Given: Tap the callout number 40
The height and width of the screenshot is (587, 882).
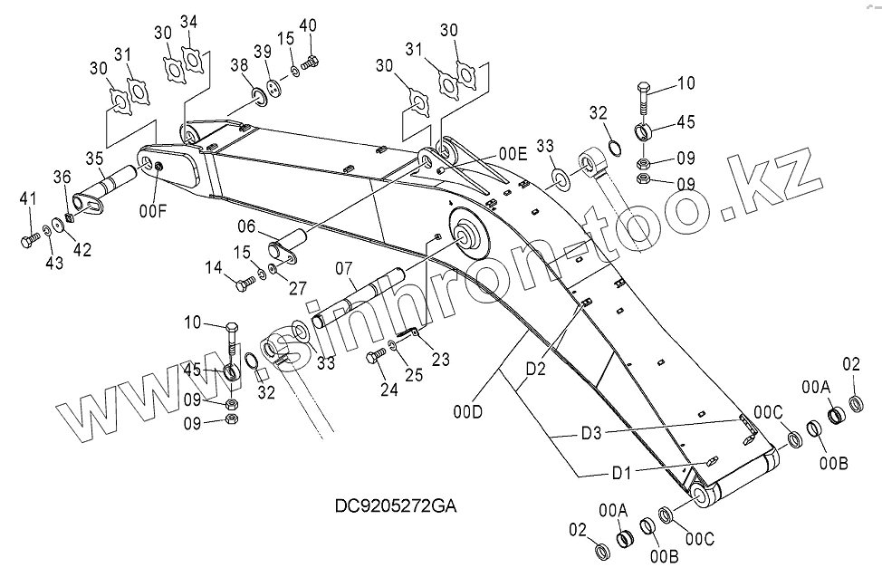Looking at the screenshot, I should (308, 24).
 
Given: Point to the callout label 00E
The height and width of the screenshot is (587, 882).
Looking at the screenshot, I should (512, 153).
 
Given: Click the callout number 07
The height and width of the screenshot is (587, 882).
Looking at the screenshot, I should (213, 267).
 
